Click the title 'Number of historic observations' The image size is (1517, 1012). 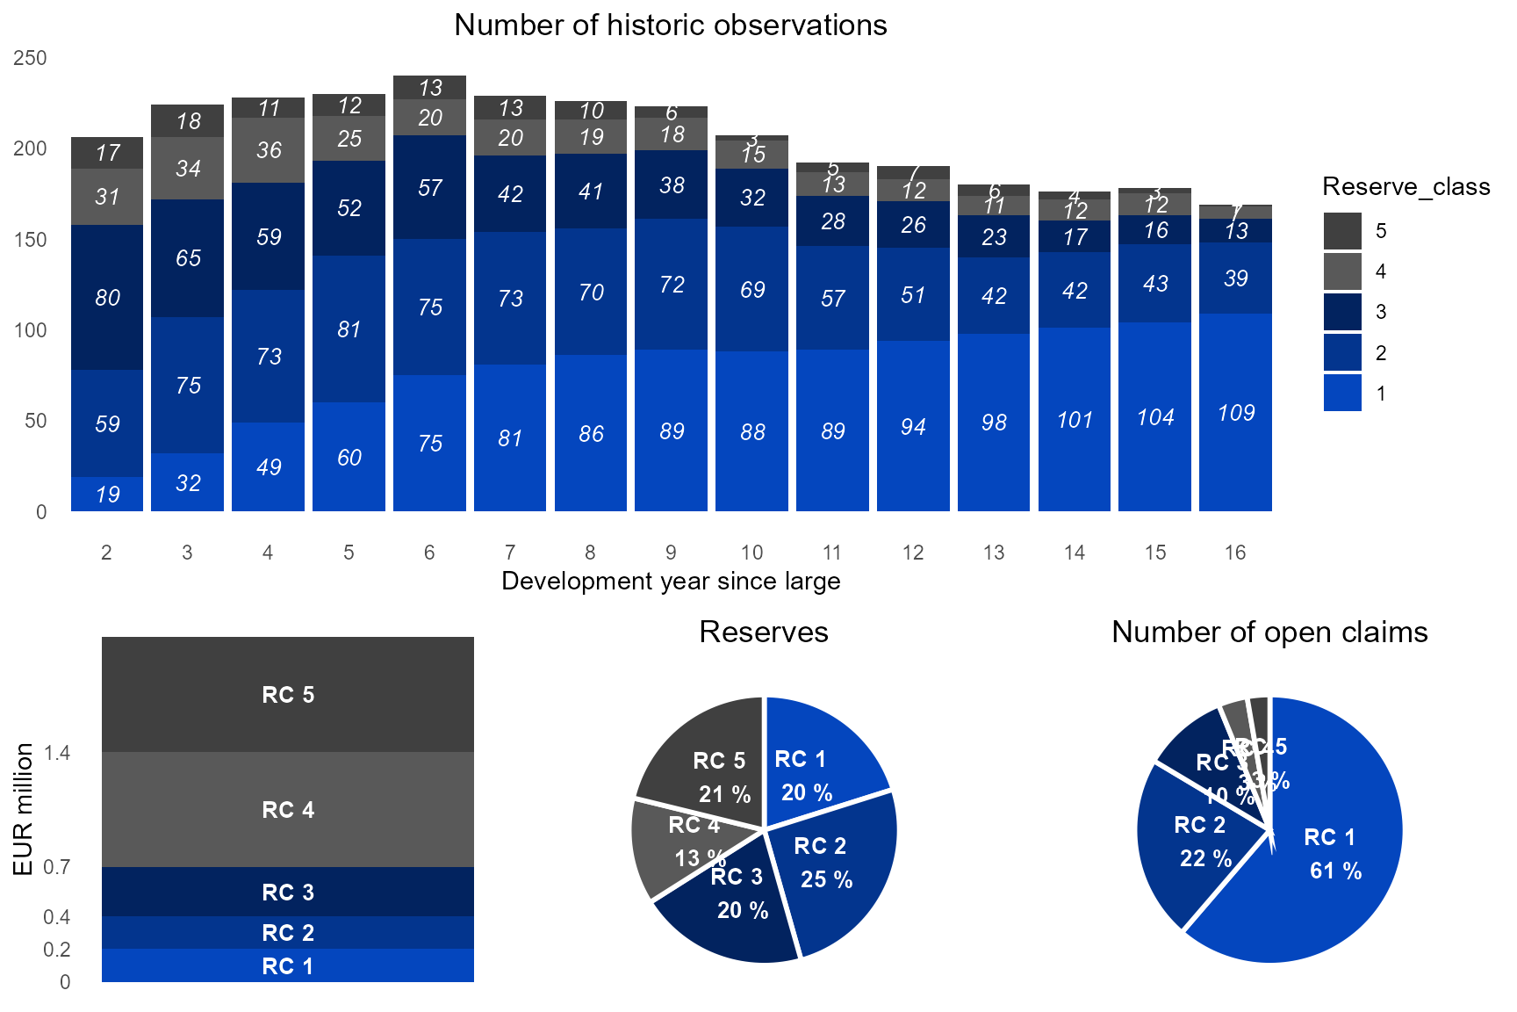coord(671,25)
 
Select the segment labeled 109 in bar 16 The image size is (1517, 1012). coord(1235,412)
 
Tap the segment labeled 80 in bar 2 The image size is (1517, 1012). coord(107,297)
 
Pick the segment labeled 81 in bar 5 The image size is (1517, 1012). coord(349,329)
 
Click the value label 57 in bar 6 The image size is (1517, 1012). coord(430,187)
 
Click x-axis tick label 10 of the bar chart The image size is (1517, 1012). coord(751,553)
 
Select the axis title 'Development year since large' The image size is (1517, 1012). coord(671,582)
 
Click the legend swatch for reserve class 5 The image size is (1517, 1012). coord(1342,231)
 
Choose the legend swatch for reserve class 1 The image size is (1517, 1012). coord(1342,394)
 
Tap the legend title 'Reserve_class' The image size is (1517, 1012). coord(1406,187)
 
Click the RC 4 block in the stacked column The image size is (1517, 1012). coord(288,809)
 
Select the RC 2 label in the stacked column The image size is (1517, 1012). coord(288,933)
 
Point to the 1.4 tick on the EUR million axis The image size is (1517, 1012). coord(57,753)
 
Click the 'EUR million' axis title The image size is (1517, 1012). coord(24,809)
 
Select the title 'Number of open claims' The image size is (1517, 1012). coord(1269,632)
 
